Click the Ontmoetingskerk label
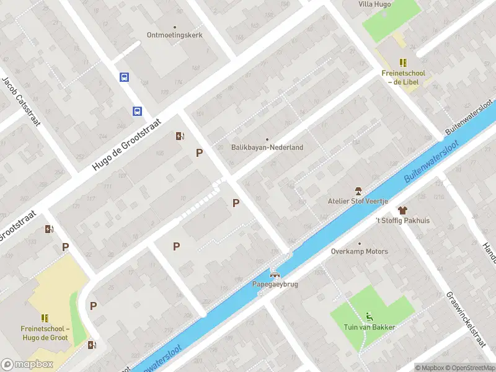pos(174,35)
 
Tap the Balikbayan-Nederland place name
pos(267,148)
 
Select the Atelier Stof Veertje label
pos(358,201)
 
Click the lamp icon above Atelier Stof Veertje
pos(358,190)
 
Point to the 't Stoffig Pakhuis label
pos(402,221)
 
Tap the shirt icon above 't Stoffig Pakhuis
pos(402,210)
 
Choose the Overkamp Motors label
pos(360,252)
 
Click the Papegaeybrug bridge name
pos(275,285)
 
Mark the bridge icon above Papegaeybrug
pos(275,275)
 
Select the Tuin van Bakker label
pos(370,327)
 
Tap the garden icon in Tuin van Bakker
pos(370,316)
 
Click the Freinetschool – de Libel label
pos(404,77)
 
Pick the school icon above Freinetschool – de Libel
pos(404,63)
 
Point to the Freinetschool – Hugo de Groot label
pos(45,334)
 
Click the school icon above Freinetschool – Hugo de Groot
pos(45,318)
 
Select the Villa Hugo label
pos(375,4)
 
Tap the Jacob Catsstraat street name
pos(21,102)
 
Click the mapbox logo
pos(27,365)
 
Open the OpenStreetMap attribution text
pos(469,368)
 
